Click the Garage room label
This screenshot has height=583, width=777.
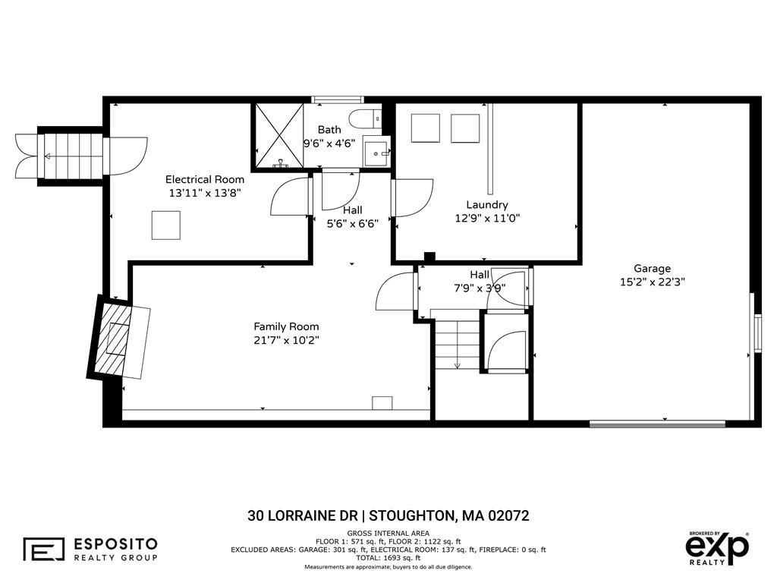point(652,268)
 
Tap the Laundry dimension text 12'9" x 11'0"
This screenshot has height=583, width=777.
point(487,218)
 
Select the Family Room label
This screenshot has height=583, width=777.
point(286,326)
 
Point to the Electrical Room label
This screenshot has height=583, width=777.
point(205,179)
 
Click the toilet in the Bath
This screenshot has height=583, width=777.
point(365,119)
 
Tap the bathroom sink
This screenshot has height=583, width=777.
point(376,152)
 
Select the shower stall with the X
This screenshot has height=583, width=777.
point(278,136)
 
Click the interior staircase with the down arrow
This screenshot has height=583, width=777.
point(458,343)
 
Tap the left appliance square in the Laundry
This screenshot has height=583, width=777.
point(425,128)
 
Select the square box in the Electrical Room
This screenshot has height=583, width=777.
point(166,225)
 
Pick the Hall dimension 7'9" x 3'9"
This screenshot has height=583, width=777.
point(480,288)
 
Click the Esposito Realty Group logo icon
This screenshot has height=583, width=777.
point(43,549)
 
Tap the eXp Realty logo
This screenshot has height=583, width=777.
point(717,548)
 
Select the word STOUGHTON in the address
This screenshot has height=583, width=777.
point(412,515)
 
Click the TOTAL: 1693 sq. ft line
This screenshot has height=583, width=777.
point(388,558)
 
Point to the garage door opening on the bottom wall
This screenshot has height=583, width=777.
point(658,424)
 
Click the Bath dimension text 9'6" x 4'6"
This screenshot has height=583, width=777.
point(329,143)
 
